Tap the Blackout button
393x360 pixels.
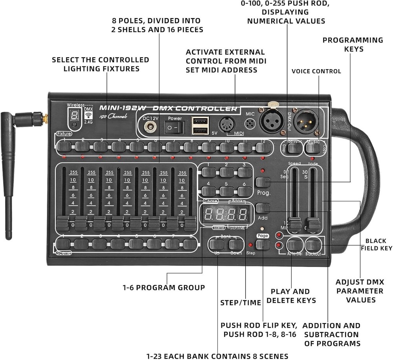click(x=313, y=245)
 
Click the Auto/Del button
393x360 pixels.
click(x=294, y=245)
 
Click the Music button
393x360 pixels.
click(x=313, y=148)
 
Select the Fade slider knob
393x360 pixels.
click(x=313, y=225)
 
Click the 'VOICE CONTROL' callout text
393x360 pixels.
click(x=316, y=71)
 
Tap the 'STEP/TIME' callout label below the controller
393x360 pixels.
click(x=241, y=302)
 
